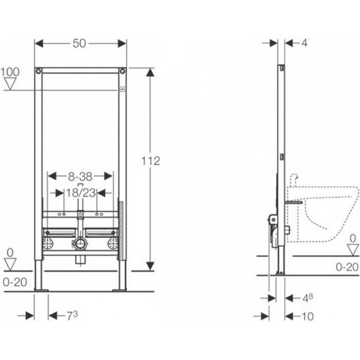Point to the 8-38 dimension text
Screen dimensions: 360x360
click(x=80, y=176)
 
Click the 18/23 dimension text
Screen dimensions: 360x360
click(x=80, y=193)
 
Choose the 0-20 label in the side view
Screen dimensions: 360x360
click(x=346, y=267)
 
